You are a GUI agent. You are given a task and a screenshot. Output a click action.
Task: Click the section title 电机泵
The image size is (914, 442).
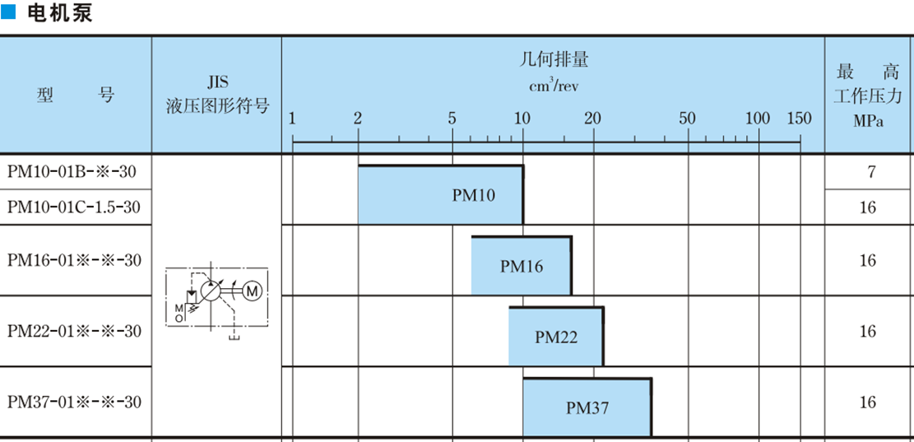coord(59,14)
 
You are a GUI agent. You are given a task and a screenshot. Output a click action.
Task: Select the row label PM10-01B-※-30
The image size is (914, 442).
coord(72,172)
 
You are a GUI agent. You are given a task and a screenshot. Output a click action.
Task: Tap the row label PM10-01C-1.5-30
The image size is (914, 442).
coord(74,207)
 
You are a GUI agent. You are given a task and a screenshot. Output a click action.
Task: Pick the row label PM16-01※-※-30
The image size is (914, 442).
coord(74,260)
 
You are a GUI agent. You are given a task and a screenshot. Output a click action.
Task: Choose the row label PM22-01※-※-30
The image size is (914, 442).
coord(74,331)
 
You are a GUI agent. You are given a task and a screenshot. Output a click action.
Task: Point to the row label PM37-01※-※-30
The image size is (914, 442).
coord(74,402)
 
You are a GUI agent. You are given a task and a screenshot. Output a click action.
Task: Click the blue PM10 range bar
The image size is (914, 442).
coord(440,195)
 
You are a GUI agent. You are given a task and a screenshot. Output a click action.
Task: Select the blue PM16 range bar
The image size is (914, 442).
coord(521,266)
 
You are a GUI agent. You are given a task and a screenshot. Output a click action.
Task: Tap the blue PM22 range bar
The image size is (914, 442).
coord(555,337)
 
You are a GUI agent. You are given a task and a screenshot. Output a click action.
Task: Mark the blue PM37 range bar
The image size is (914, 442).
coord(587,407)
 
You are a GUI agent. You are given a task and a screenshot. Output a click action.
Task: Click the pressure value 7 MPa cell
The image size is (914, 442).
coord(870,172)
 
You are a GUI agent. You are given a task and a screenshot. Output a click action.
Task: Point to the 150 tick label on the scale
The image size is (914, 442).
coord(799,119)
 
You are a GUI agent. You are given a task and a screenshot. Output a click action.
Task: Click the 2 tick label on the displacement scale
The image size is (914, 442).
coord(358,119)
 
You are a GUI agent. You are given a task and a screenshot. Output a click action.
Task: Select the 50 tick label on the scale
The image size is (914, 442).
coord(688,119)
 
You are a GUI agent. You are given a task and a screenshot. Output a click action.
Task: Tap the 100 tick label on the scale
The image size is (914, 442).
coord(758,119)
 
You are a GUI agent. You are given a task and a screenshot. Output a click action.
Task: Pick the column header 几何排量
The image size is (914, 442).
coord(554,59)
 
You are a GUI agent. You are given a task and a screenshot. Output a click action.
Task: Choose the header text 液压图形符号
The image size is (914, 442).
coord(217,105)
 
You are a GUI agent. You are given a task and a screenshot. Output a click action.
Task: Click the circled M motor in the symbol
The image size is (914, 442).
coord(252,291)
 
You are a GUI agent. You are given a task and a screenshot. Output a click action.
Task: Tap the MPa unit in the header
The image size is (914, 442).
coord(869,123)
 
